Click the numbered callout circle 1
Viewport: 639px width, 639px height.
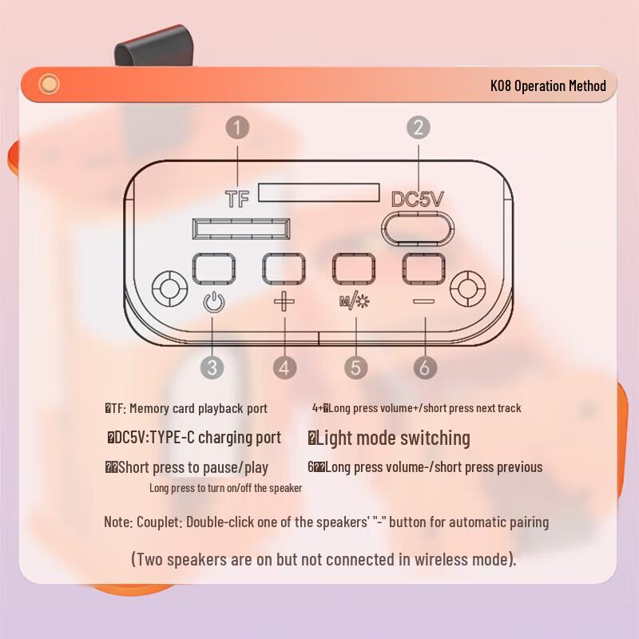(238, 127)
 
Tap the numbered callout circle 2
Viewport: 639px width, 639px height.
(419, 127)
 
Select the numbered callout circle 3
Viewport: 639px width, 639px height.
(212, 367)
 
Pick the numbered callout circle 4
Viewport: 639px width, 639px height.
(285, 367)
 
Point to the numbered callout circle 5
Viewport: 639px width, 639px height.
(356, 367)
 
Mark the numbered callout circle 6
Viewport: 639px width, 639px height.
(425, 367)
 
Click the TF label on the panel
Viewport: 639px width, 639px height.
(237, 200)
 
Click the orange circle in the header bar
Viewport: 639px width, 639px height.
(50, 84)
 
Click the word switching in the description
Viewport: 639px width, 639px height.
(435, 438)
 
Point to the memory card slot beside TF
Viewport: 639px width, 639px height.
(319, 192)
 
